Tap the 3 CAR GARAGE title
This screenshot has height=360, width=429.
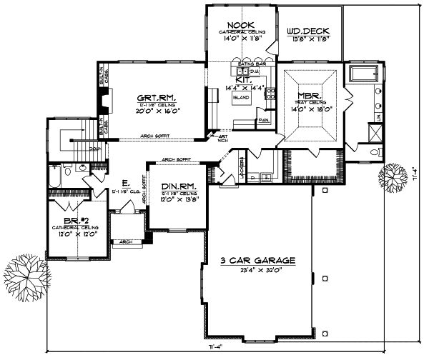(258, 261)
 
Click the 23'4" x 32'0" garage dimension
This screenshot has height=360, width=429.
(258, 270)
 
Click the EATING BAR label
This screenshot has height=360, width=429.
(252, 64)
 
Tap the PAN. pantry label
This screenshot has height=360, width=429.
(263, 120)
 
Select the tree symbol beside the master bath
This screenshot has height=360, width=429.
(394, 175)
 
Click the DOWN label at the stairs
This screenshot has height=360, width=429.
(94, 149)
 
